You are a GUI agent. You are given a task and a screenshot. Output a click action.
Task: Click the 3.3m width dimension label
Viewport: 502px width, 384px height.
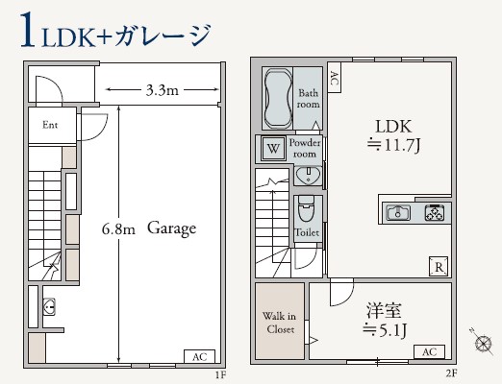(160, 91)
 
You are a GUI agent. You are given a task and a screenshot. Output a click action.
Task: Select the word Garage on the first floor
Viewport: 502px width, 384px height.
(172, 229)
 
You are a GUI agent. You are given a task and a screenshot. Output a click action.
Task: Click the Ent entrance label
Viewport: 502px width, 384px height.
(51, 125)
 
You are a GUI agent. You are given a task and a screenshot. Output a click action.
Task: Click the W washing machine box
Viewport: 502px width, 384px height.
(273, 148)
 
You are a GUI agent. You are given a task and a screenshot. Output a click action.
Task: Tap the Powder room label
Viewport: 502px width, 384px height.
(307, 148)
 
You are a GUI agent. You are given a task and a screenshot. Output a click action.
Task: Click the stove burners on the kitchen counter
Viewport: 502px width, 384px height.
(433, 213)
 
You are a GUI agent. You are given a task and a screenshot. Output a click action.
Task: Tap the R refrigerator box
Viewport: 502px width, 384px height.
(438, 267)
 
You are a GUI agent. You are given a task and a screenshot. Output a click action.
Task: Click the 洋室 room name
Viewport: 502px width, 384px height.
(385, 313)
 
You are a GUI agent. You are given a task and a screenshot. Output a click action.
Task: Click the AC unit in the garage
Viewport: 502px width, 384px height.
(199, 357)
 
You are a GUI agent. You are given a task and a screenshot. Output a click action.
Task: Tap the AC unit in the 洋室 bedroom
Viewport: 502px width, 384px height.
(428, 352)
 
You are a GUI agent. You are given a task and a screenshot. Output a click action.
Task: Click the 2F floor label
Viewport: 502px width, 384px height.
(451, 374)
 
